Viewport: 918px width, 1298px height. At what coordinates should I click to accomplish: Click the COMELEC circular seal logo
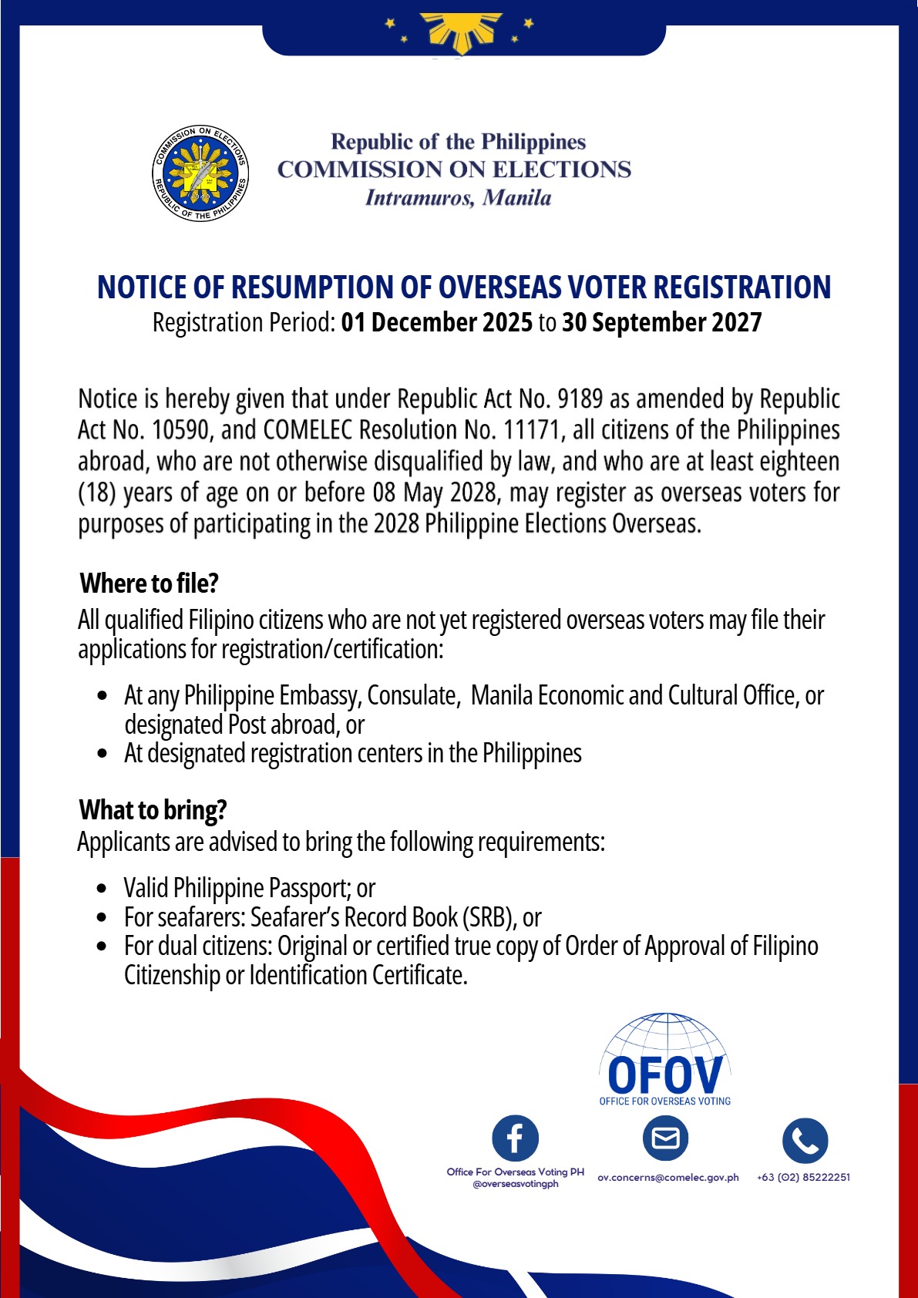coord(200,173)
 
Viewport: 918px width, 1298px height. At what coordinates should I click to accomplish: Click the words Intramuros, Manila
coord(458,198)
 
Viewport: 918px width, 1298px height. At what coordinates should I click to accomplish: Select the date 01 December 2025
coord(436,322)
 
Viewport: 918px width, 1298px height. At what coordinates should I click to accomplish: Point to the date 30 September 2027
coord(661,322)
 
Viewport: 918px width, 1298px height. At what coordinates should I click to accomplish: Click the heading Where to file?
coord(149,583)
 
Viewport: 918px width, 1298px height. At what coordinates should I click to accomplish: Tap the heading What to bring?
coord(153,810)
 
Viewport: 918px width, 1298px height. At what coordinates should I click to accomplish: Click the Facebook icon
coord(515,1138)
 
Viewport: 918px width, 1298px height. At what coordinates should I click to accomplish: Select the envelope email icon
coord(665,1138)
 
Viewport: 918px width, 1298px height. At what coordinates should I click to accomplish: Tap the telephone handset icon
coord(805,1141)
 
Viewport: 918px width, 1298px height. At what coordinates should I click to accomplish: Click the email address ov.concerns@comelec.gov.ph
coord(667,1177)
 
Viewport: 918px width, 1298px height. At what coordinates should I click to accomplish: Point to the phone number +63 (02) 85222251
coord(803,1177)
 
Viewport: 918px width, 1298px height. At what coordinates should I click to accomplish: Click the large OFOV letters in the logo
coord(664,1074)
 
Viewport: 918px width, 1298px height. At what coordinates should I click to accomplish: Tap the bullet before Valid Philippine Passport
coord(103,889)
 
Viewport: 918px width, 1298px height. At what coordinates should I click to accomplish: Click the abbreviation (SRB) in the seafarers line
coord(489,917)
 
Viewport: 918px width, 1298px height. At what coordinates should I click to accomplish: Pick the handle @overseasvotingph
coord(515,1184)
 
